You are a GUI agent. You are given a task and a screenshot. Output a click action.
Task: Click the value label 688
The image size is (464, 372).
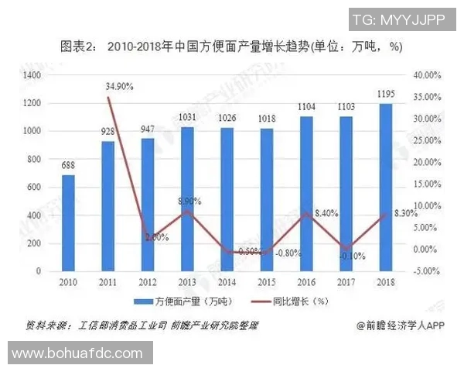point(69,166)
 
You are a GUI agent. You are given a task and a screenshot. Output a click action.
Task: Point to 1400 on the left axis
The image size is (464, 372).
point(32,75)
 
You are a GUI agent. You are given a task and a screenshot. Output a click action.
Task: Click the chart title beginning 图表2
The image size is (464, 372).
point(231,46)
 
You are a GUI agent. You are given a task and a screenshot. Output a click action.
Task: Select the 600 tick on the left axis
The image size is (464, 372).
point(35,188)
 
